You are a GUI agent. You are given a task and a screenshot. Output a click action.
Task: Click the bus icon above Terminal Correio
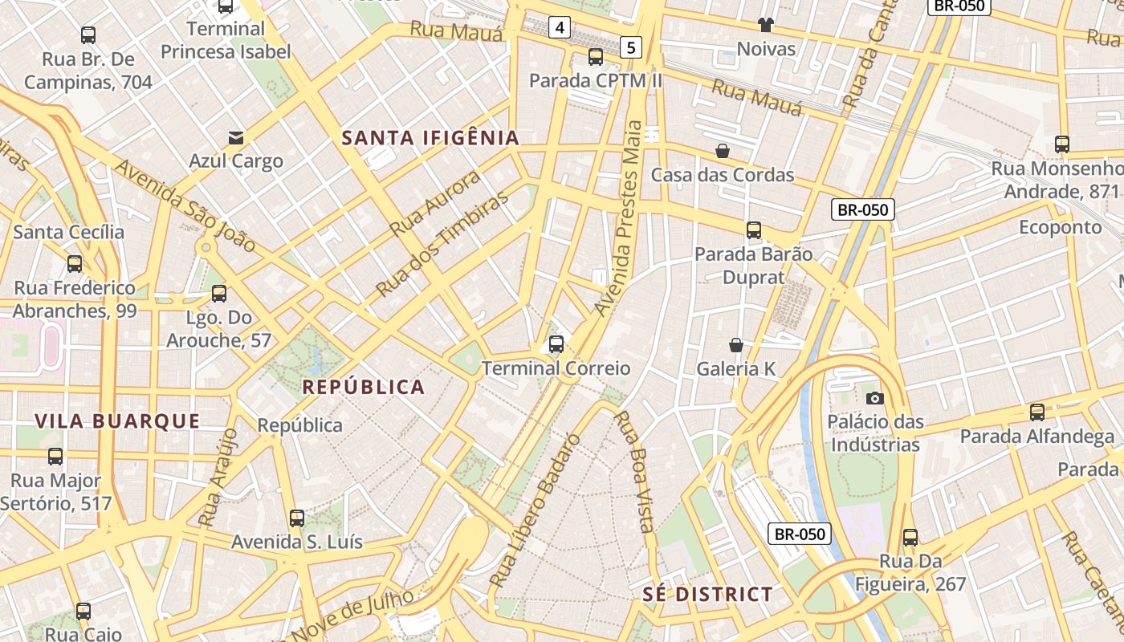click(556, 344)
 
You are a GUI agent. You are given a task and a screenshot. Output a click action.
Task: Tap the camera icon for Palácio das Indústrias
click(875, 398)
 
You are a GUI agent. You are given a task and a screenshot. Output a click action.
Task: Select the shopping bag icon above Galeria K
click(736, 345)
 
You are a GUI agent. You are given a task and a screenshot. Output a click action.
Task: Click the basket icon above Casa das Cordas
click(723, 151)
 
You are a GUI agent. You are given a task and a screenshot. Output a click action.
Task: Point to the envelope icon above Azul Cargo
click(236, 137)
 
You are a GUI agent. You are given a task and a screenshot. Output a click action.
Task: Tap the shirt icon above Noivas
click(765, 25)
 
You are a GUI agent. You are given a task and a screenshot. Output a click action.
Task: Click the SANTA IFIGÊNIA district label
click(430, 138)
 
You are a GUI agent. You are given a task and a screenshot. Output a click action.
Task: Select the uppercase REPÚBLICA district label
click(363, 388)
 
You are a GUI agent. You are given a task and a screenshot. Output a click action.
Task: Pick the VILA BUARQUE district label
click(117, 421)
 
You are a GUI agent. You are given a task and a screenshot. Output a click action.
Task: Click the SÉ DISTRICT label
click(708, 595)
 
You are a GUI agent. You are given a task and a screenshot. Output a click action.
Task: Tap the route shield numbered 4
click(560, 28)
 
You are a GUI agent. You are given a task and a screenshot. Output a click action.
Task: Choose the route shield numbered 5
click(631, 48)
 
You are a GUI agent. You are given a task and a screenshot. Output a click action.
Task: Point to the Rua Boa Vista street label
click(633, 472)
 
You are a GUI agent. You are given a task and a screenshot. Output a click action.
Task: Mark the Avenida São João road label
click(185, 205)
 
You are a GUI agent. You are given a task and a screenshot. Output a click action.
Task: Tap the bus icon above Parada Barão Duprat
click(753, 230)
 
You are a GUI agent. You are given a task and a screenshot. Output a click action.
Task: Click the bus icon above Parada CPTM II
click(595, 56)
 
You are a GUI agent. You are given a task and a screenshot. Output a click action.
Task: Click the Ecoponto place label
click(1060, 227)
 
